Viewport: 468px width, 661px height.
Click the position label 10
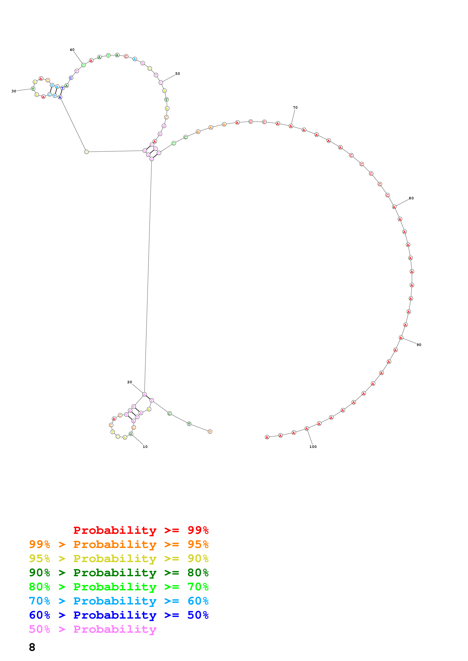pyautogui.click(x=145, y=447)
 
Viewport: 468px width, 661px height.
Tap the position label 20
pyautogui.click(x=130, y=382)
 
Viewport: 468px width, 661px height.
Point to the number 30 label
pyautogui.click(x=14, y=91)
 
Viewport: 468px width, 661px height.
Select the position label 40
pyautogui.click(x=72, y=50)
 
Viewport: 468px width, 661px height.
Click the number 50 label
pyautogui.click(x=178, y=74)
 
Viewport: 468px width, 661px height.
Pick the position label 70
pyautogui.click(x=295, y=108)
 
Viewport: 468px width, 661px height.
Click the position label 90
pyautogui.click(x=419, y=345)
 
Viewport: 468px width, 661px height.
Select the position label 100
pyautogui.click(x=313, y=447)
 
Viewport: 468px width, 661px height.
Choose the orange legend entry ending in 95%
pyautogui.click(x=119, y=544)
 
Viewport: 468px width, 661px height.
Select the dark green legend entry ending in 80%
pyautogui.click(x=119, y=573)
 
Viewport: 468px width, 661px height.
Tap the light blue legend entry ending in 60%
pyautogui.click(x=119, y=601)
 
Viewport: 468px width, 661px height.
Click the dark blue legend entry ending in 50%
pyautogui.click(x=119, y=615)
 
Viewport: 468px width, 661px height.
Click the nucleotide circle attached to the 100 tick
pyautogui.click(x=307, y=429)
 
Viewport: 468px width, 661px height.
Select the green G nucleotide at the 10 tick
pyautogui.click(x=131, y=434)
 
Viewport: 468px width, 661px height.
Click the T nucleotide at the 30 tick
pyautogui.click(x=33, y=89)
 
